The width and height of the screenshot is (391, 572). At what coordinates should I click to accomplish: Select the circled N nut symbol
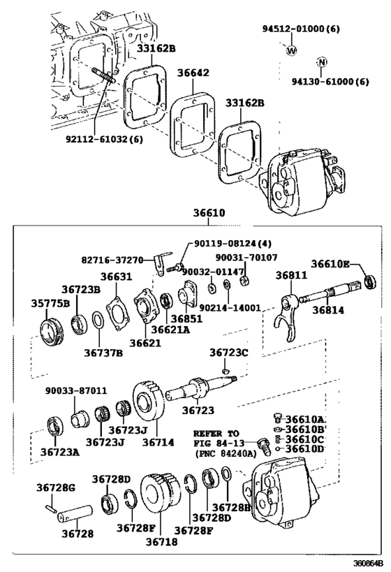(x=321, y=62)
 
